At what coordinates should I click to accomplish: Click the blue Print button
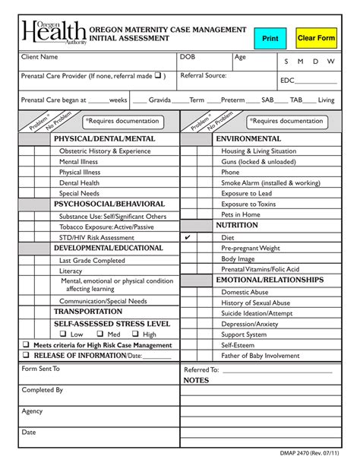270,38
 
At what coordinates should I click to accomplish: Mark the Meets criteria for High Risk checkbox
26,344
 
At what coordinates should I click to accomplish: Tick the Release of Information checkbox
26,355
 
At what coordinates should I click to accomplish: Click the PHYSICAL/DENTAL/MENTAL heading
104,139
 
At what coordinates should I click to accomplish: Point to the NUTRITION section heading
237,226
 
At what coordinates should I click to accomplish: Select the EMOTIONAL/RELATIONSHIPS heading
270,281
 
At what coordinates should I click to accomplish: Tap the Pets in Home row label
241,214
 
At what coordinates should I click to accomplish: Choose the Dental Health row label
80,183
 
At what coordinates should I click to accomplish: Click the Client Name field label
39,58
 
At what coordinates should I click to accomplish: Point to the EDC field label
287,81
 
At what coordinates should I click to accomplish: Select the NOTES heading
196,380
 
